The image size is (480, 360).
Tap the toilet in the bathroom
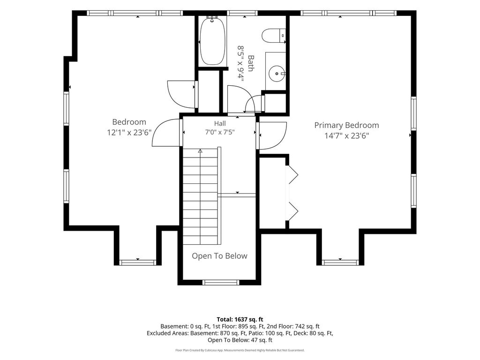(x=274, y=35)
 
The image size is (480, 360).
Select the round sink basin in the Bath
(x=277, y=74)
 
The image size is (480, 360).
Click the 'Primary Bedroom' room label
(x=346, y=125)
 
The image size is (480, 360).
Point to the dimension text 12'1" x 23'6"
(x=129, y=133)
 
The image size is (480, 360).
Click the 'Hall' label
(x=220, y=123)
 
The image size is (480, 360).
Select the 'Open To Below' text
(x=219, y=256)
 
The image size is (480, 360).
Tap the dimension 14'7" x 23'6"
(x=346, y=135)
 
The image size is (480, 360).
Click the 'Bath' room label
(x=251, y=63)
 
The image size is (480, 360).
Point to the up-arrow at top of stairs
(x=200, y=151)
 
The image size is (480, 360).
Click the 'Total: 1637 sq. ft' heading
(x=240, y=320)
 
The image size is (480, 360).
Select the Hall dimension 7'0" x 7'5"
(x=220, y=132)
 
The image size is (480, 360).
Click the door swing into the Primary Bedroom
(x=272, y=135)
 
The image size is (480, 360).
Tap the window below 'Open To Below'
(x=220, y=282)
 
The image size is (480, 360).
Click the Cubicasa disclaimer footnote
(x=240, y=350)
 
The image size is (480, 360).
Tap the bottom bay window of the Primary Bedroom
(x=340, y=262)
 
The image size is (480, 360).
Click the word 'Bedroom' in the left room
(x=129, y=122)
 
